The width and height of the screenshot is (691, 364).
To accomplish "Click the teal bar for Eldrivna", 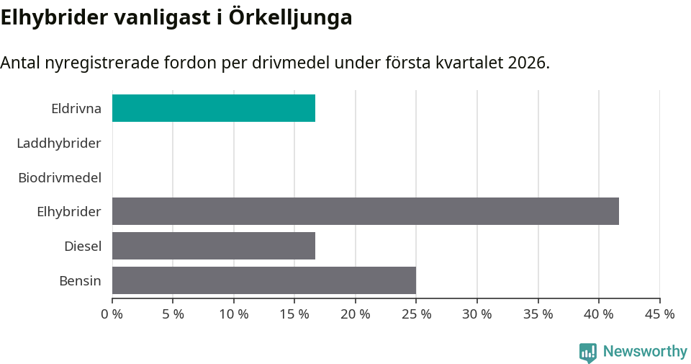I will (214, 108).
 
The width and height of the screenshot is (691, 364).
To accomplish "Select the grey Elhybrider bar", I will (366, 211).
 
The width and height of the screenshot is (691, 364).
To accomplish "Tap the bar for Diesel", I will (214, 246).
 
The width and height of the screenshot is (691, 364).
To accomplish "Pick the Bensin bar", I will (264, 280).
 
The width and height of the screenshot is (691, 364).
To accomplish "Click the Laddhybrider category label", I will (58, 143).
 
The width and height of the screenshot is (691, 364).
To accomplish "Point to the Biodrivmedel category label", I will (60, 177).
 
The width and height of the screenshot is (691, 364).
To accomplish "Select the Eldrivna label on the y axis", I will (76, 109).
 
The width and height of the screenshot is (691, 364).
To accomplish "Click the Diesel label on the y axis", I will (83, 247).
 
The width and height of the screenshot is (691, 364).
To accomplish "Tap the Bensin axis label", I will (80, 281).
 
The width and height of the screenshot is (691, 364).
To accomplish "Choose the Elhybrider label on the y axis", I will (69, 212).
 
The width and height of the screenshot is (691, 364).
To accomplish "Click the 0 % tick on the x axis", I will (112, 314).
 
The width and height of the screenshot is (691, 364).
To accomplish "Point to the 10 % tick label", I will (234, 314).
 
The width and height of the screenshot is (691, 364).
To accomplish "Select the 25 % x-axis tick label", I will (416, 314).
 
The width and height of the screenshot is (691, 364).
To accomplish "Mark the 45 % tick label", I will (659, 314).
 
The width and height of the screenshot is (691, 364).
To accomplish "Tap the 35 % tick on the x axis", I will (538, 314).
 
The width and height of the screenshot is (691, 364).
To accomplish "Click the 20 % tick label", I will (356, 314).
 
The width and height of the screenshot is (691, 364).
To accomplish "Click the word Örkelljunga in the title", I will (290, 17).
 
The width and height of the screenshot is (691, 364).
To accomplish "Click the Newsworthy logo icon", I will (588, 352).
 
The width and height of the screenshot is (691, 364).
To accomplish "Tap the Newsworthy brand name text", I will (645, 352).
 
